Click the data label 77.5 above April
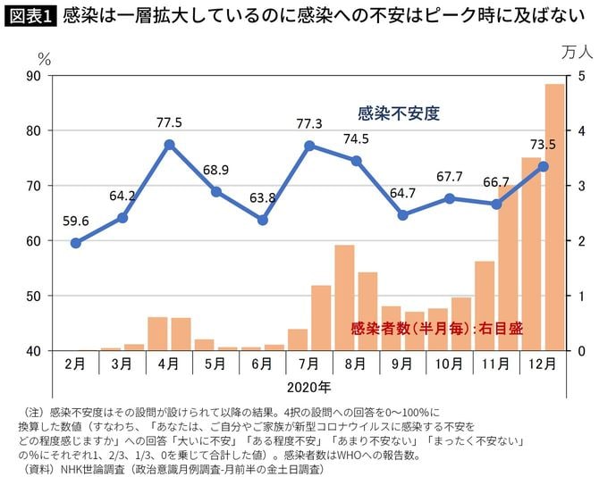click(169, 122)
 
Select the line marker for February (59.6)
click(75, 243)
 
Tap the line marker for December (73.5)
click(543, 166)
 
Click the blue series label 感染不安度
click(398, 113)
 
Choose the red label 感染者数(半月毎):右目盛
click(437, 329)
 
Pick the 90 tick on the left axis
click(33, 76)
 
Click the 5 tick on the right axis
click(581, 76)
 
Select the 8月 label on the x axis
click(356, 365)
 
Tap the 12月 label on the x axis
click(543, 365)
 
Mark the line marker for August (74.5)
click(356, 161)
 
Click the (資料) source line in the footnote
click(170, 468)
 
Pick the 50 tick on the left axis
click(33, 296)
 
